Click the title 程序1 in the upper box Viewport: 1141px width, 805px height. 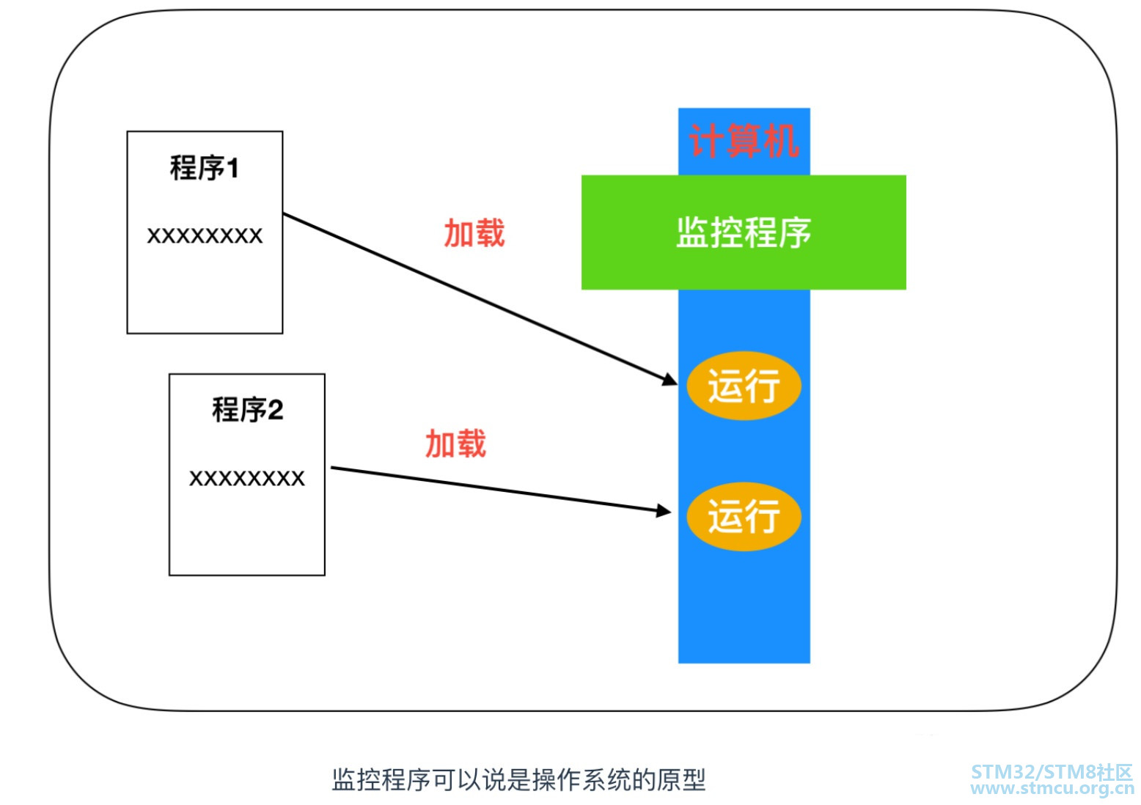205,168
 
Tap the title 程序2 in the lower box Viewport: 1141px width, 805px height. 247,409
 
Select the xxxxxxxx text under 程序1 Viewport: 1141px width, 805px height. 205,235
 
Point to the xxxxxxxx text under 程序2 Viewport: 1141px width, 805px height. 247,478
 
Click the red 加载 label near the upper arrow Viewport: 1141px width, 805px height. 474,233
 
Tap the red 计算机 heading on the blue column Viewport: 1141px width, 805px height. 743,140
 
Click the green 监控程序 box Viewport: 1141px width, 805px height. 744,232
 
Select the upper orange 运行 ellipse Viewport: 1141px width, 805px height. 744,386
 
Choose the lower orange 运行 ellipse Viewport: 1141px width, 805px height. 744,515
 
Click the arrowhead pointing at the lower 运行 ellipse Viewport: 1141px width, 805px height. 664,511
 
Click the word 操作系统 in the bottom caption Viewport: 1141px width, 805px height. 581,780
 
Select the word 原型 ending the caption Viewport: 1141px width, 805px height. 681,780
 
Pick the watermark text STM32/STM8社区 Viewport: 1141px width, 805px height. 1052,772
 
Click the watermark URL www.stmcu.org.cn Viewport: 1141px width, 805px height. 1052,789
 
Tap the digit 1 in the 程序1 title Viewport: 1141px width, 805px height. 232,169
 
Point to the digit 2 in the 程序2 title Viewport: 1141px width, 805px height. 276,410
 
